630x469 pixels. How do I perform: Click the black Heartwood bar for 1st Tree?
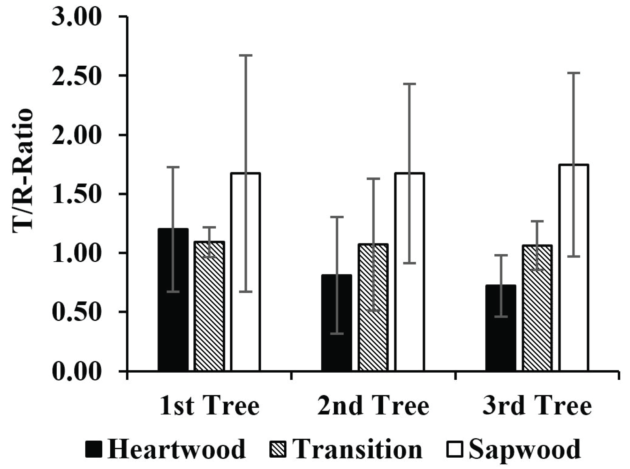click(173, 300)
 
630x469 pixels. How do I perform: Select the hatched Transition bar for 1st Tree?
click(209, 306)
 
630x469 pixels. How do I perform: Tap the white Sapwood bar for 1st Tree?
click(245, 272)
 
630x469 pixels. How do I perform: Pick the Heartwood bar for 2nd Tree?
click(337, 323)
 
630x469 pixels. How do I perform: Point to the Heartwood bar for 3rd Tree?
click(501, 328)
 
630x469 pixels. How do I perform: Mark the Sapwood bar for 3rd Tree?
click(573, 268)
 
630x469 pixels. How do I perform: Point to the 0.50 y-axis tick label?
click(76, 312)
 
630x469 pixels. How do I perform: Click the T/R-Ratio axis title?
click(22, 171)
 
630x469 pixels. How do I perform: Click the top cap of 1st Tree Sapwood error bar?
click(245, 55)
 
